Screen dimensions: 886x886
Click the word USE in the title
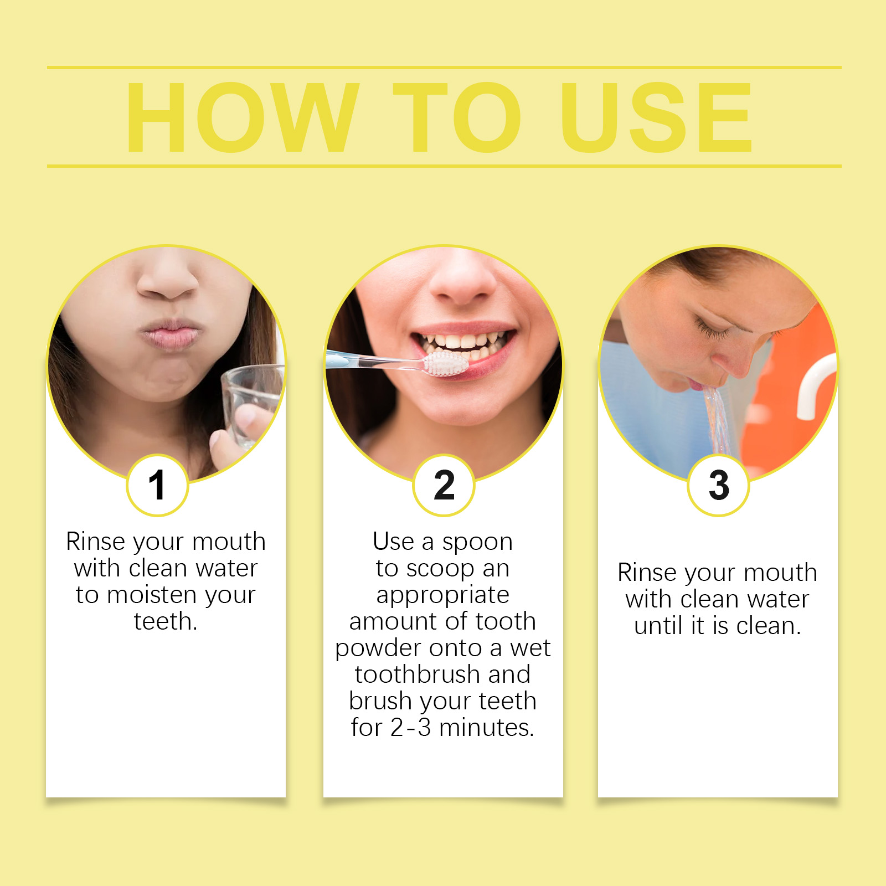point(656,117)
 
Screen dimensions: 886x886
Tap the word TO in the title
point(457,117)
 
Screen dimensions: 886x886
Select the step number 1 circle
point(158,485)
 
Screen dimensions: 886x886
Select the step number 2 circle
point(444,485)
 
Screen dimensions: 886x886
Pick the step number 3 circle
point(718,485)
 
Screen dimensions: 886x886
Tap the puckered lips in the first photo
point(169,334)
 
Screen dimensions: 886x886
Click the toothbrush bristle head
point(446,363)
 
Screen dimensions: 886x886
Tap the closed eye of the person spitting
point(714,332)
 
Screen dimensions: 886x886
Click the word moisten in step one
point(152,595)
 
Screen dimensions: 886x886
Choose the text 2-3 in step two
point(410,728)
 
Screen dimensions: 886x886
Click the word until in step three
point(658,626)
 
